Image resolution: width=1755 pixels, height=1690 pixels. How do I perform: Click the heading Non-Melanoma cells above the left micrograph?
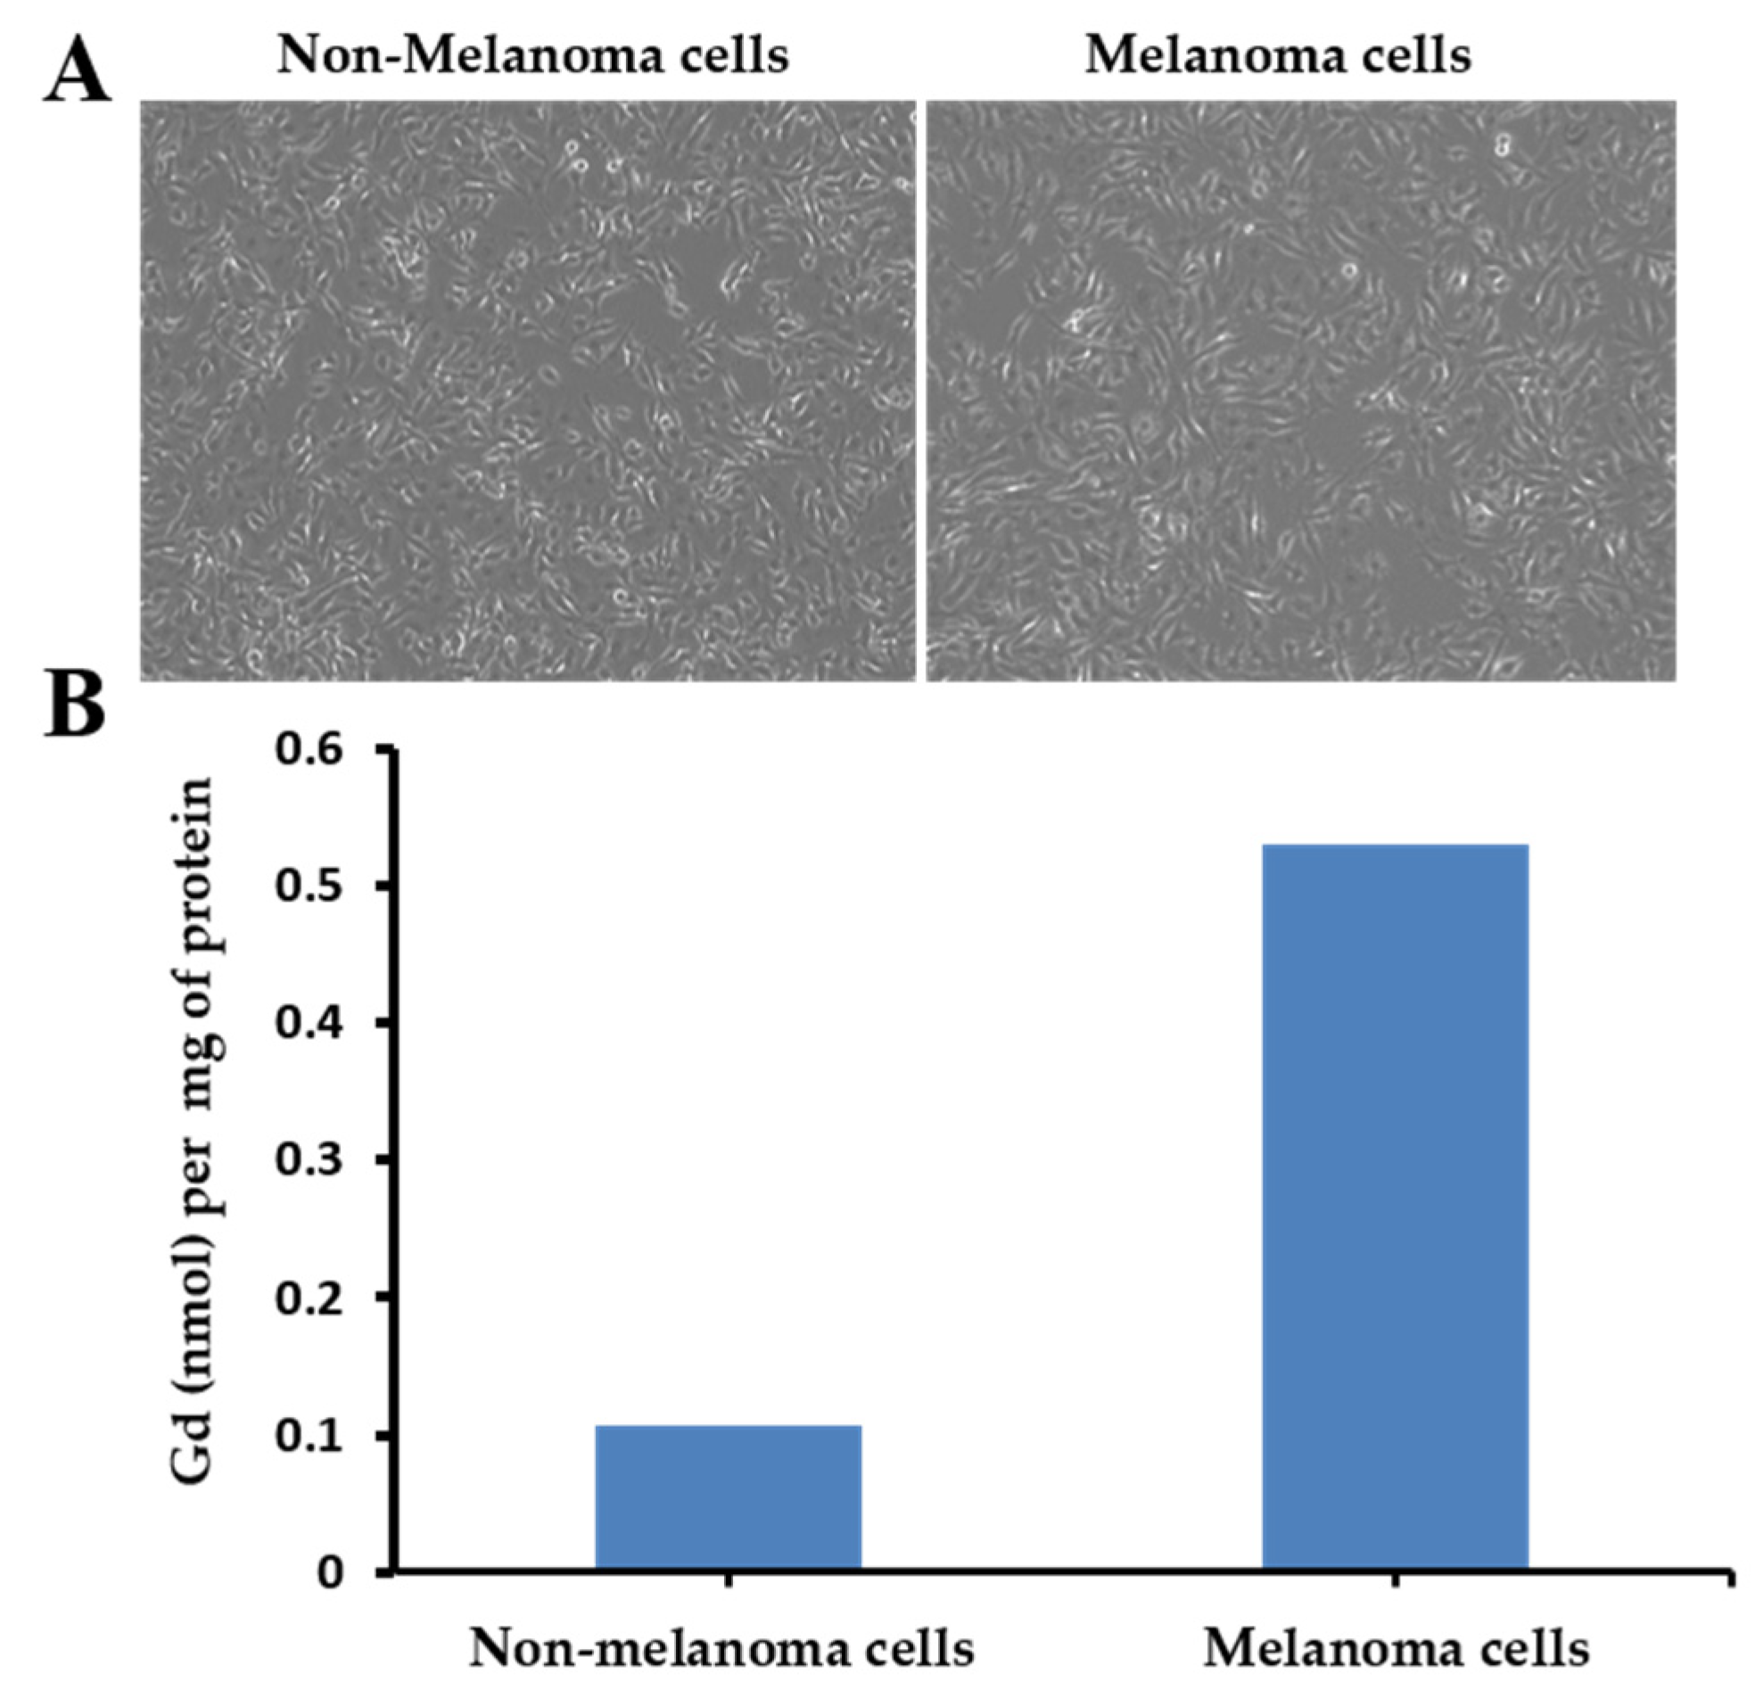click(532, 55)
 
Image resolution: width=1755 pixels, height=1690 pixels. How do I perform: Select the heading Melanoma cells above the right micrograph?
click(1278, 55)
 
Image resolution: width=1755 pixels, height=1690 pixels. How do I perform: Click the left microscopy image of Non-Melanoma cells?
click(528, 391)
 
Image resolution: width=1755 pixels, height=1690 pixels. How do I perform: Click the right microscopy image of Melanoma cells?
click(1300, 391)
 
